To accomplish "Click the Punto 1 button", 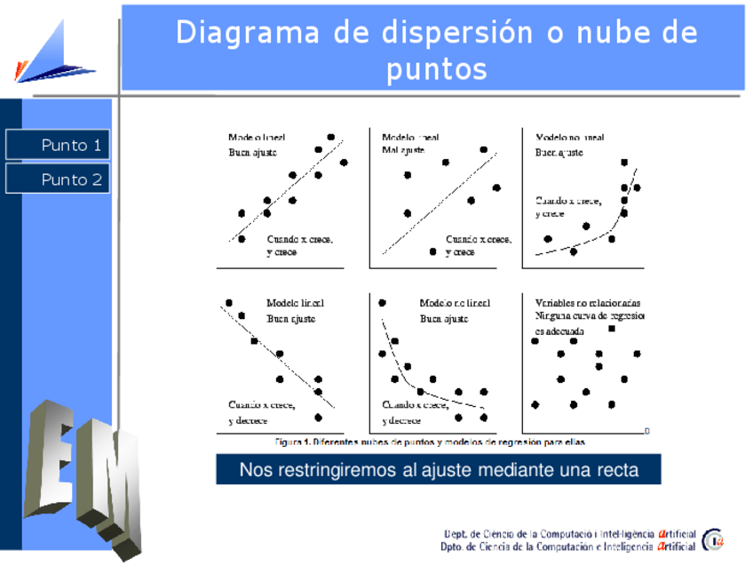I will pos(58,145).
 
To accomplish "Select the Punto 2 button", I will pos(58,179).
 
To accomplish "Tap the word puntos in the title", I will pos(437,68).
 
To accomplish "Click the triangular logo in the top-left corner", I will pos(53,53).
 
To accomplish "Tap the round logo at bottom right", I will pos(713,539).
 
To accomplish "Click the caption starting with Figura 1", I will pos(430,442).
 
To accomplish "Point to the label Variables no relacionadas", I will pos(588,303).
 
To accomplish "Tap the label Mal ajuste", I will pos(403,150).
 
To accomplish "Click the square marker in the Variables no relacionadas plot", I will pos(612,329).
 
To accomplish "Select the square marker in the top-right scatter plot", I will pos(624,163).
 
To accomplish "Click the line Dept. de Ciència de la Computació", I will pos(568,533).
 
